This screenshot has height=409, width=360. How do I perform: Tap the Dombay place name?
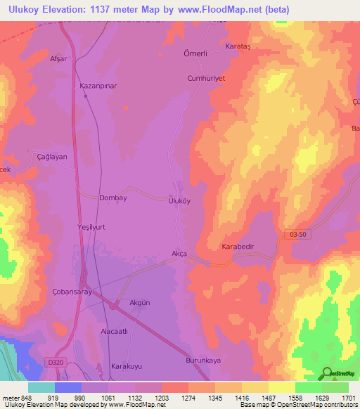click(113, 198)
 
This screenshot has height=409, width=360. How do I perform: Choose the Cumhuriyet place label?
click(205, 79)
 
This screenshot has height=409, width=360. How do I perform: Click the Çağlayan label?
click(51, 157)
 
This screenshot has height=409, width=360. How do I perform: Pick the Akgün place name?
click(140, 303)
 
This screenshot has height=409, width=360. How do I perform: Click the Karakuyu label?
click(127, 366)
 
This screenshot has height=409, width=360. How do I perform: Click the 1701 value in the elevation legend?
click(348, 397)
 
